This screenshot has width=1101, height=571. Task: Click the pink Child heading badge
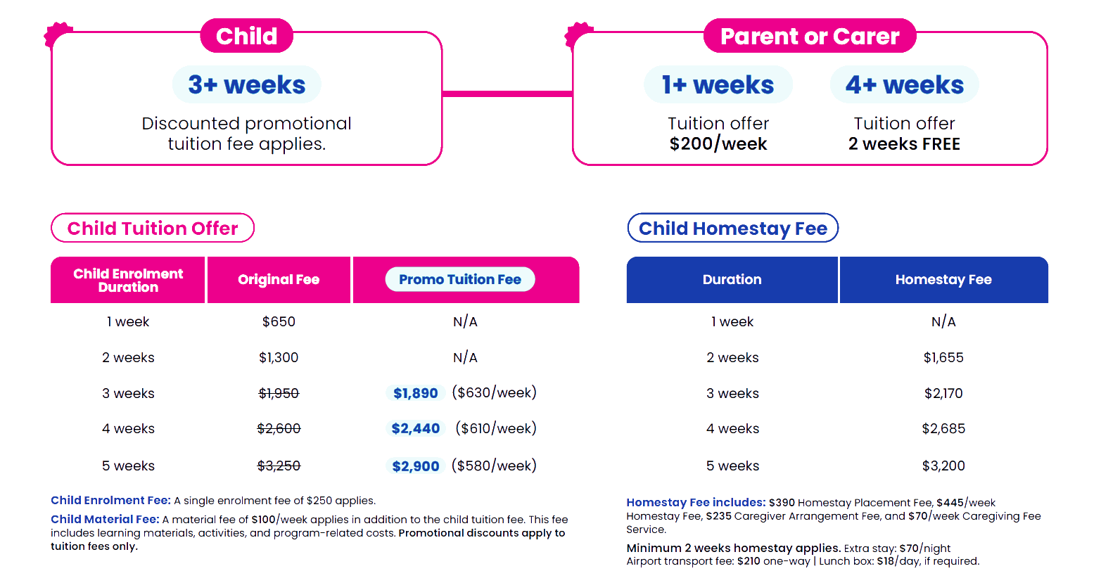coord(246,36)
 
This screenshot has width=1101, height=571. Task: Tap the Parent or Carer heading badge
coord(810,36)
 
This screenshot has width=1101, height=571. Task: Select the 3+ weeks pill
coord(246,84)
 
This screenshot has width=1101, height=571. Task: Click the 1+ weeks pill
coord(718,84)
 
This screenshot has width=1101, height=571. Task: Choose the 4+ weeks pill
coord(905,84)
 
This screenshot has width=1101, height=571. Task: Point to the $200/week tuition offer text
coord(718,144)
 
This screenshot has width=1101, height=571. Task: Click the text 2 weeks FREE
coord(905,144)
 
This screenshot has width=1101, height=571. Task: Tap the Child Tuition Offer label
coord(153,228)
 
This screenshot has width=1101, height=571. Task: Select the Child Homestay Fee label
coord(733,228)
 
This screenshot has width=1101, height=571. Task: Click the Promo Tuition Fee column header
coord(460,279)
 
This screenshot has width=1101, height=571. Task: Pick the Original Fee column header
coord(279,280)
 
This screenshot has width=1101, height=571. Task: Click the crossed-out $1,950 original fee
coord(279,393)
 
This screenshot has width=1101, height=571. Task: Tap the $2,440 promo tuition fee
coord(415,428)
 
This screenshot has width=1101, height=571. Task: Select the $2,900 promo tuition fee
coord(415,466)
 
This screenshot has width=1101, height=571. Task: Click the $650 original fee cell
coord(279,321)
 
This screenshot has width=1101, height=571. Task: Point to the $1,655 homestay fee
coord(943,357)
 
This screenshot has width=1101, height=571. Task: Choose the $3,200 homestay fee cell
coord(943,466)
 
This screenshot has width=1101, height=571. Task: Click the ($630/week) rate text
coord(494,392)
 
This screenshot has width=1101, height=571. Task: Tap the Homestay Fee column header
coord(943,280)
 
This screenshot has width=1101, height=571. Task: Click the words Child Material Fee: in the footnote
coord(106,520)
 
